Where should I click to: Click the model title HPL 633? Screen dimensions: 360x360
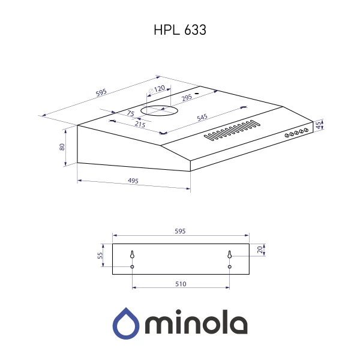(x=180, y=30)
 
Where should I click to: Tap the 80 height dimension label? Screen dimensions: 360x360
(x=62, y=146)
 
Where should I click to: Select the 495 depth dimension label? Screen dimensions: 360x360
(x=133, y=181)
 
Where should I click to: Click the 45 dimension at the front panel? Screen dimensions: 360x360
(x=320, y=125)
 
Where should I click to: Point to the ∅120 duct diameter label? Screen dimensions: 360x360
(x=157, y=89)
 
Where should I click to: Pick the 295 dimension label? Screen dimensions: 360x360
(x=187, y=97)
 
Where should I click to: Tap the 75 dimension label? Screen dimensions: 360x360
(x=130, y=113)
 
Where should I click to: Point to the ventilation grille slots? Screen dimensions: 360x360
(x=232, y=131)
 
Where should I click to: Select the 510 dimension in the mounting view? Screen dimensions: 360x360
(x=181, y=284)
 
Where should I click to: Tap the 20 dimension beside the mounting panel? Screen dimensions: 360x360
(x=259, y=250)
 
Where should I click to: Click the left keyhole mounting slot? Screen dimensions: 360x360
(x=132, y=255)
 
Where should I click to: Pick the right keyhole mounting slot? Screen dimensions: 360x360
(x=230, y=255)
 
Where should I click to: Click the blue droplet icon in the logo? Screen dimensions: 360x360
(x=126, y=323)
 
